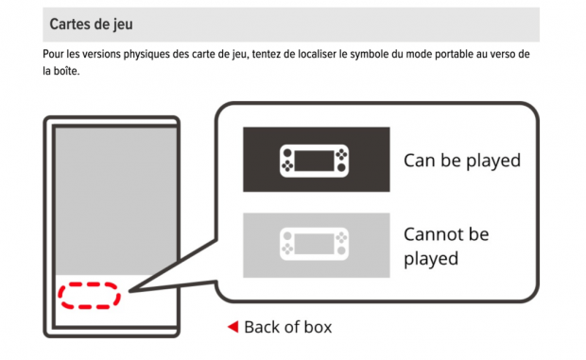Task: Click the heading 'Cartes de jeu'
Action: point(91,25)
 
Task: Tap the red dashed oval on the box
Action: point(89,284)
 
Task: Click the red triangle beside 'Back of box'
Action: point(233,327)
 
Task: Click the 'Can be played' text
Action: point(462,161)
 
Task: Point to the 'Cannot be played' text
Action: point(446,247)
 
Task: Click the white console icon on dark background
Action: point(315,161)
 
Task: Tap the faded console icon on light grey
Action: point(315,244)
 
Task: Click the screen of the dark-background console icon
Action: point(315,161)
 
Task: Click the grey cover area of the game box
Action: point(116,201)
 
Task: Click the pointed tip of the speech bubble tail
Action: point(129,291)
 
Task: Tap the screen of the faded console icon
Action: point(315,244)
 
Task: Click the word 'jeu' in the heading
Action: point(123,26)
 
